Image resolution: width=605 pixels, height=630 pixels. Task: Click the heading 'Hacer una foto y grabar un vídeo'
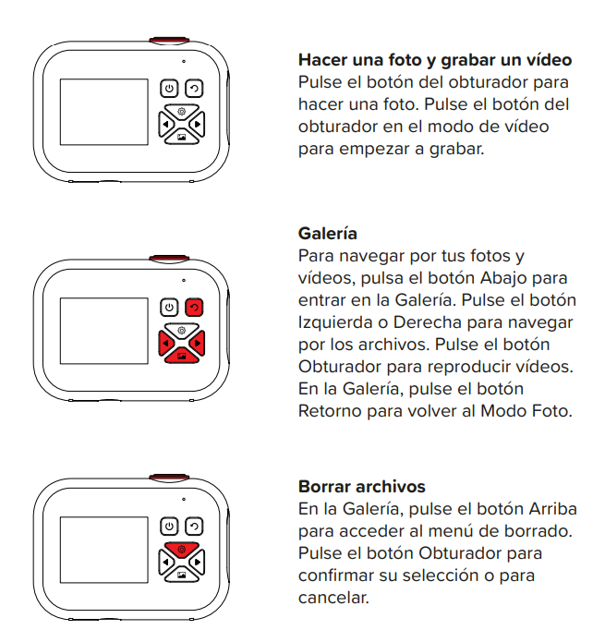click(x=435, y=60)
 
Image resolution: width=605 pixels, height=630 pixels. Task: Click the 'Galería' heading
click(x=327, y=234)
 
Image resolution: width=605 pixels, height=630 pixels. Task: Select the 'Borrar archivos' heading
click(x=361, y=487)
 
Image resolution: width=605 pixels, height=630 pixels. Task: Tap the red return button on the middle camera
click(x=194, y=308)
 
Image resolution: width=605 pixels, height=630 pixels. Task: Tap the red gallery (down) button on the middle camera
click(x=182, y=356)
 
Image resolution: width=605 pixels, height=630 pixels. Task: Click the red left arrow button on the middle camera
click(x=165, y=343)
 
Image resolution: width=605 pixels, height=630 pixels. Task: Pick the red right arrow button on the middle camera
click(x=198, y=343)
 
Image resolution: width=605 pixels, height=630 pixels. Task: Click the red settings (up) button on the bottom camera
click(x=182, y=549)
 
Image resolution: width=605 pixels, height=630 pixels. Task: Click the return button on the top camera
click(x=194, y=89)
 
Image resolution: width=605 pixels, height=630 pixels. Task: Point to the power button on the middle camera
click(x=169, y=308)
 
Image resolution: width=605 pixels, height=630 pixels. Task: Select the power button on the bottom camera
click(x=169, y=527)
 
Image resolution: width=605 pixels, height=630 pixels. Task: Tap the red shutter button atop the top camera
click(x=169, y=40)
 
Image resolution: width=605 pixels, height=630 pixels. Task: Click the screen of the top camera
click(x=104, y=112)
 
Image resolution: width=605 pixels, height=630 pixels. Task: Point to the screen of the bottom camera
click(x=104, y=550)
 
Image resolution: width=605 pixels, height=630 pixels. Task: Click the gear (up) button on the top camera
click(x=182, y=111)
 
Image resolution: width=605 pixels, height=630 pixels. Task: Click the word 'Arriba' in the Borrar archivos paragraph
click(x=552, y=509)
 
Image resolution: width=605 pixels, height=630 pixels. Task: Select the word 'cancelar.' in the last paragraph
click(x=333, y=598)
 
